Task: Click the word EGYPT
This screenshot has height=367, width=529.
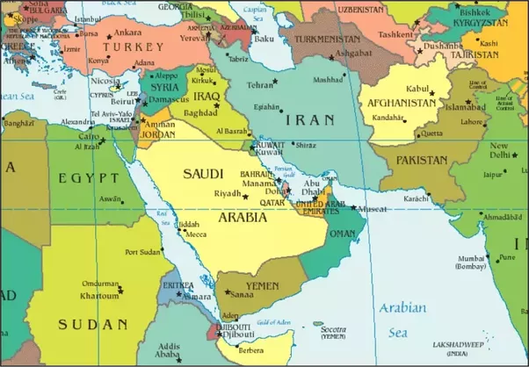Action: (x=88, y=178)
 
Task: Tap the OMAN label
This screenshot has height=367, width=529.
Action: (x=344, y=233)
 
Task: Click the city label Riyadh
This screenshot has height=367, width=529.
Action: (x=227, y=193)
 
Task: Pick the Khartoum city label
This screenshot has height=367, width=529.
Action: (x=99, y=296)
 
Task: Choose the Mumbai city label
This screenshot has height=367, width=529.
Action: (x=472, y=257)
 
